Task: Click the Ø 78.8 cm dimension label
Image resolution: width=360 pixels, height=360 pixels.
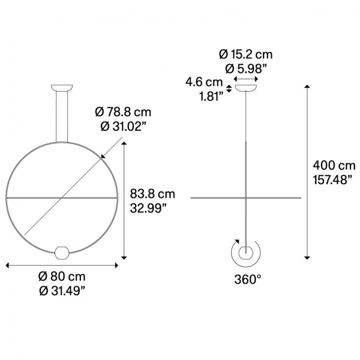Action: pyautogui.click(x=123, y=112)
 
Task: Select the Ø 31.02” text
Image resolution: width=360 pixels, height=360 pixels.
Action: pyautogui.click(x=123, y=126)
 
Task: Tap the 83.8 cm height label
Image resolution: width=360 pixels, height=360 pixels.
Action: pyautogui.click(x=152, y=194)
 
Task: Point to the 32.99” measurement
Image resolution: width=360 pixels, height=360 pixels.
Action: pyautogui.click(x=148, y=208)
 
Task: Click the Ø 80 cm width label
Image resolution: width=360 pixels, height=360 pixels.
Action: pyautogui.click(x=62, y=277)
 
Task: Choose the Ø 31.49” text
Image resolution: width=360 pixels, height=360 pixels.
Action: pyautogui.click(x=62, y=291)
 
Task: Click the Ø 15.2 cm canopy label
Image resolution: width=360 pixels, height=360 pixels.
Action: pyautogui.click(x=245, y=55)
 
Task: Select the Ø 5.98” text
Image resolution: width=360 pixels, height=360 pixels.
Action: pyautogui.click(x=246, y=68)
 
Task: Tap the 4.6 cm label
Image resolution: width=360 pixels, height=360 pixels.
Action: pyautogui.click(x=204, y=82)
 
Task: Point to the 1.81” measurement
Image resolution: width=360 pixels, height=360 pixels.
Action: pyautogui.click(x=211, y=97)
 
